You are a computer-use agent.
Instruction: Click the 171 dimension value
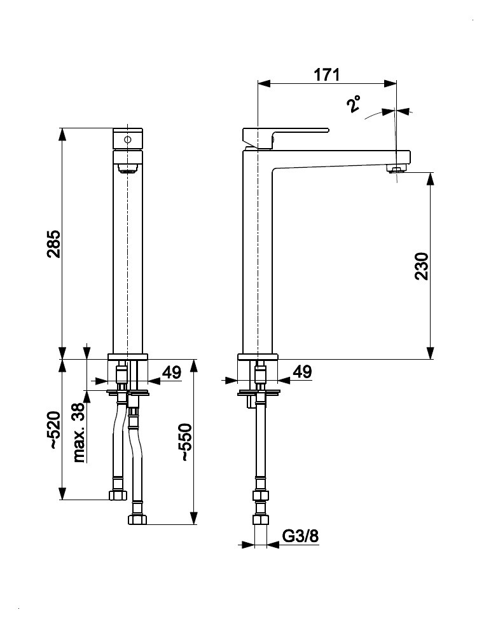pyautogui.click(x=327, y=74)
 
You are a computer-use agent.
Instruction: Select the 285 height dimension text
pyautogui.click(x=53, y=244)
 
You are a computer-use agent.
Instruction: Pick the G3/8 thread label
pyautogui.click(x=300, y=537)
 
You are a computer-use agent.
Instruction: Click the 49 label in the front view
pyautogui.click(x=171, y=372)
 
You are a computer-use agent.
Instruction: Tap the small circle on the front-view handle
pyautogui.click(x=127, y=139)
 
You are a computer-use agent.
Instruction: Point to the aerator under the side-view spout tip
pyautogui.click(x=396, y=169)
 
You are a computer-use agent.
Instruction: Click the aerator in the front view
pyautogui.click(x=128, y=168)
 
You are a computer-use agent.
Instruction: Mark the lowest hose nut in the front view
pyautogui.click(x=137, y=519)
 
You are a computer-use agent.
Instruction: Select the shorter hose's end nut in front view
pyautogui.click(x=118, y=494)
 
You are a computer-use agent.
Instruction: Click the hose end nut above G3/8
pyautogui.click(x=259, y=519)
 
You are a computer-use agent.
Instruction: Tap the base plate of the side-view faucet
pyautogui.click(x=258, y=357)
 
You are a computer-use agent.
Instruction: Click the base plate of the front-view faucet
pyautogui.click(x=128, y=357)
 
